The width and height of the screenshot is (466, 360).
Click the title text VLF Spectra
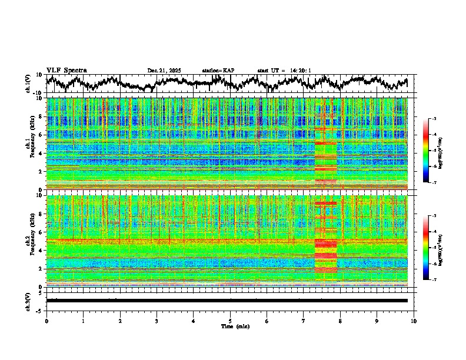tap(66, 70)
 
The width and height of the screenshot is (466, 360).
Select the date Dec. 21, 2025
tap(164, 71)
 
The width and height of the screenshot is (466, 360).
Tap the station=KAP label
tap(218, 71)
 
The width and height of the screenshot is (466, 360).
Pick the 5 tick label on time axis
tap(230, 321)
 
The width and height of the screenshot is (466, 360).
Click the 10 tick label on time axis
tap(414, 321)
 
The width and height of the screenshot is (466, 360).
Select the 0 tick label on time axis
tap(46, 321)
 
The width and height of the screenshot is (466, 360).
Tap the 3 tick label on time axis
tap(157, 321)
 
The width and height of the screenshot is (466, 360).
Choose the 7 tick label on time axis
tap(304, 321)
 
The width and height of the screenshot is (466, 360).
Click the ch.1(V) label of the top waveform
tap(28, 84)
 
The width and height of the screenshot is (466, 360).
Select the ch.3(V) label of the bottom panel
tap(28, 300)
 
